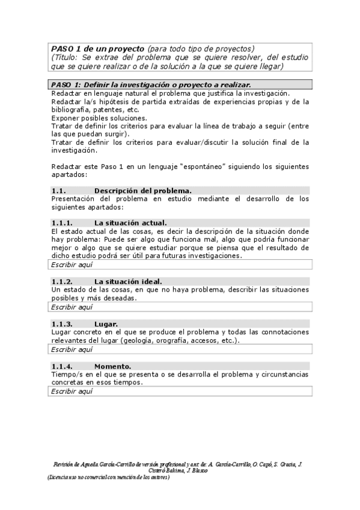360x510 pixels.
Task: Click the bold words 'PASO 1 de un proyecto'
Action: (97, 48)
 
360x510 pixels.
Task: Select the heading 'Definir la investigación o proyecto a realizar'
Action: (166, 85)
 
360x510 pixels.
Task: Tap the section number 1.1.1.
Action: (62, 223)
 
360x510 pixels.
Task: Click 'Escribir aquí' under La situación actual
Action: (72, 265)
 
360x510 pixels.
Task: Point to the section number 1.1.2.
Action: (62, 281)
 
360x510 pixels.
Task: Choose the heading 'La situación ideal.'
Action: (128, 281)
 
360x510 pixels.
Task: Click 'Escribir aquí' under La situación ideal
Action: (72, 307)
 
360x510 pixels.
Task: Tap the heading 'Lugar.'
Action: (106, 324)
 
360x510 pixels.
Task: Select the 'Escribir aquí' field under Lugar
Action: (72, 349)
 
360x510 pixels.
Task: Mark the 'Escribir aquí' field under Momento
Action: (72, 391)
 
